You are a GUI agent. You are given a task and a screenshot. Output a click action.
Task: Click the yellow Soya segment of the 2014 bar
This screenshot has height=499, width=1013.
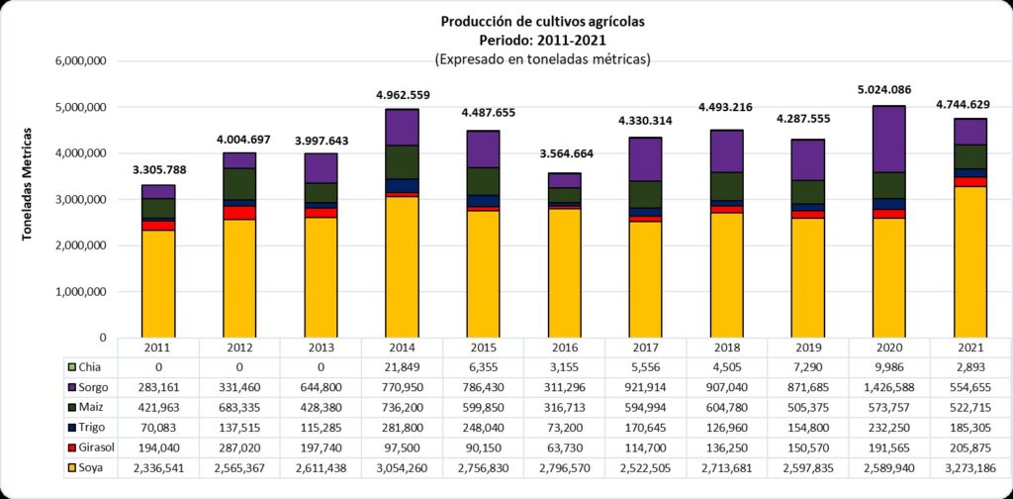402,267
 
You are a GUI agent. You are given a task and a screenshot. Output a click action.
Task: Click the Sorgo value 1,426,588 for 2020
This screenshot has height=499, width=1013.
888,386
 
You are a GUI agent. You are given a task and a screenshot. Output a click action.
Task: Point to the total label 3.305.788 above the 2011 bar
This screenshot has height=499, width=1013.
158,169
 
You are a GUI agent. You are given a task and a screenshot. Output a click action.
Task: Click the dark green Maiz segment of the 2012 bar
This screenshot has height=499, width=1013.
239,183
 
